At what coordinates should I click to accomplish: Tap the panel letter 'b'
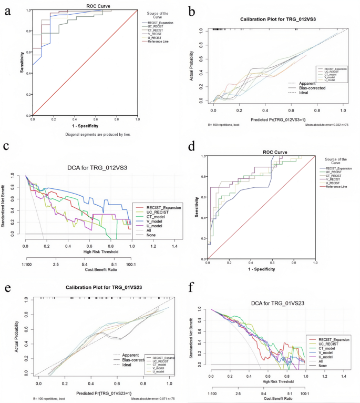pos(192,10)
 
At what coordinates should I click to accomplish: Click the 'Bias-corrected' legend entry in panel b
pos(314,88)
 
